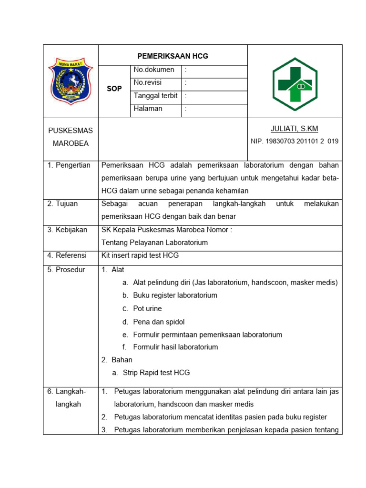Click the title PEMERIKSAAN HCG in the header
pyautogui.click(x=173, y=56)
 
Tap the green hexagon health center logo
pyautogui.click(x=295, y=84)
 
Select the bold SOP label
pyautogui.click(x=114, y=89)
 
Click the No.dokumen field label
pyautogui.click(x=154, y=70)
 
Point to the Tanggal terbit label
pyautogui.click(x=155, y=96)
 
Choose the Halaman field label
pyautogui.click(x=148, y=109)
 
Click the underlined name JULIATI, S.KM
pyautogui.click(x=295, y=129)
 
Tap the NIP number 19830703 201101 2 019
pyautogui.click(x=295, y=142)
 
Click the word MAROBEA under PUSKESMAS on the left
pyautogui.click(x=71, y=143)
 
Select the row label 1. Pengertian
pyautogui.click(x=69, y=165)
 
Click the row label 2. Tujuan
pyautogui.click(x=62, y=204)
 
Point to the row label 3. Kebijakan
pyautogui.click(x=67, y=230)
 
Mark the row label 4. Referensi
pyautogui.click(x=67, y=255)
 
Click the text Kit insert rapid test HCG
pyautogui.click(x=140, y=255)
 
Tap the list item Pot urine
pyautogui.click(x=147, y=309)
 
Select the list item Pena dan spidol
pyautogui.click(x=159, y=322)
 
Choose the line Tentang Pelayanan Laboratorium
pyautogui.click(x=155, y=243)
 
